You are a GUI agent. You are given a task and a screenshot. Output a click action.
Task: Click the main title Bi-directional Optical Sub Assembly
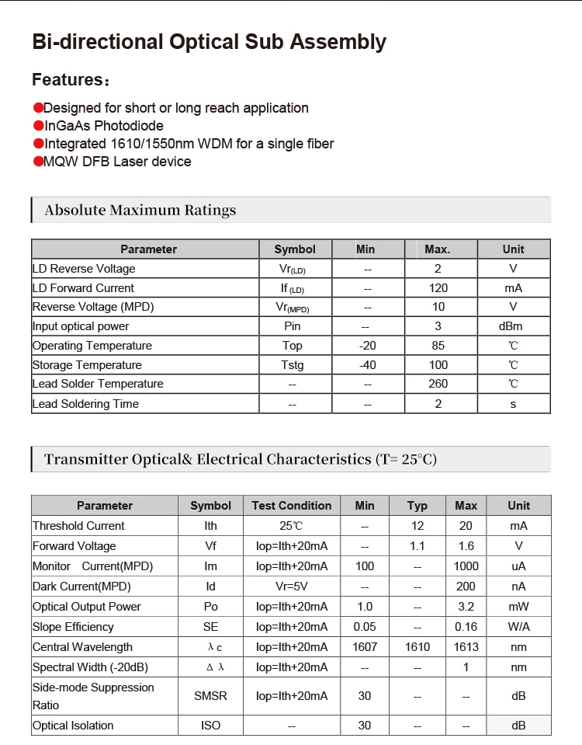coord(209,42)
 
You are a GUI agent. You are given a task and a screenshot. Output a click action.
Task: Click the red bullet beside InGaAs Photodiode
coord(37,126)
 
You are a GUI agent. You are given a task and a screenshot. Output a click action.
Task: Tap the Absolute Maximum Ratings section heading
coord(140,210)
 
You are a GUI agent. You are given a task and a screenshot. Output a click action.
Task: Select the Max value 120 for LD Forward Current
coord(438,287)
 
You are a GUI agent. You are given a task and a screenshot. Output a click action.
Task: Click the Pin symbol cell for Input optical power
coord(292,326)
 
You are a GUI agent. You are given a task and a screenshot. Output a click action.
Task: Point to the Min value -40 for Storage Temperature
coord(367,365)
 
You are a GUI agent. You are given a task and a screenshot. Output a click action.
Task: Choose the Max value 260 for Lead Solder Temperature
coord(438,384)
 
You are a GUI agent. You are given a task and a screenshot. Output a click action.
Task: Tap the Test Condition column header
coord(292,506)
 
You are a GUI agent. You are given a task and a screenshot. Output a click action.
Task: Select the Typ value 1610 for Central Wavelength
coord(417,646)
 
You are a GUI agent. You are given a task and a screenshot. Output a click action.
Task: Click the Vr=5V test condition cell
coord(292,587)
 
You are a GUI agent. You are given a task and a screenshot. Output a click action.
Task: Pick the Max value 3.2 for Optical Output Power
coord(466,607)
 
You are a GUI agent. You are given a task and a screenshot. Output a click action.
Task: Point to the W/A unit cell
coord(518,627)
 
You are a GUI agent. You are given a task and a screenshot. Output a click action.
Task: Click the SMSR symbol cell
coord(210,696)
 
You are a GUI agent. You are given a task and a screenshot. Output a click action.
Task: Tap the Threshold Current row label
coord(78,526)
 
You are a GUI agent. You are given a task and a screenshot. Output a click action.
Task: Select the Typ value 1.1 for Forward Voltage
coord(417,546)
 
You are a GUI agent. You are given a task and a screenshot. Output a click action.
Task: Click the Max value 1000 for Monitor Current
coord(466,566)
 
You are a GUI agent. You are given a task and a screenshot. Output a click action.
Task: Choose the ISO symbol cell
coord(210,726)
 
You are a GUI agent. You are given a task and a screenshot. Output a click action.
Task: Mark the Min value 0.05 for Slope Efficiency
coord(364,627)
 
